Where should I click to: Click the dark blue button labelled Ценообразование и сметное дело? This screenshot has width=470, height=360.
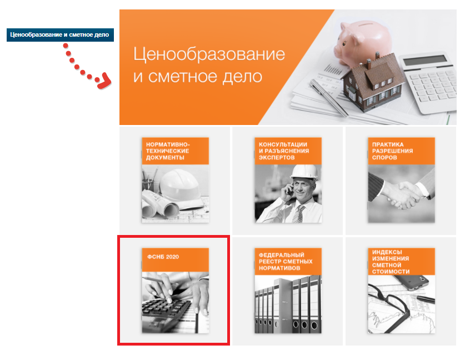click(x=60, y=35)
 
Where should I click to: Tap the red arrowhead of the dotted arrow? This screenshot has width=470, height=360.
click(x=104, y=81)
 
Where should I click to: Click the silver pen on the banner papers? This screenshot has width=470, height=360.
click(x=328, y=97)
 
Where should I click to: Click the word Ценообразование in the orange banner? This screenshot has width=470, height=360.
click(x=209, y=54)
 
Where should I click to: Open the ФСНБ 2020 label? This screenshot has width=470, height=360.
click(x=163, y=257)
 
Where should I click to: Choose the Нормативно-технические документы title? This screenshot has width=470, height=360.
click(x=168, y=151)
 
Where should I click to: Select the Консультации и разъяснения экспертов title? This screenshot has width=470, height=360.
click(x=283, y=151)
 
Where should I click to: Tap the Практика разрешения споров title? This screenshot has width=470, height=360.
click(x=392, y=151)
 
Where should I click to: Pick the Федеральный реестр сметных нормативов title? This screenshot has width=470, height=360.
click(x=286, y=261)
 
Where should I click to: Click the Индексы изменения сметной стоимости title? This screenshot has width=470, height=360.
click(x=391, y=262)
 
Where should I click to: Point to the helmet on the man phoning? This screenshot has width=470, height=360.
click(x=304, y=173)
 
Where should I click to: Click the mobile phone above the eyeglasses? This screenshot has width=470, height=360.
click(x=414, y=282)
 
